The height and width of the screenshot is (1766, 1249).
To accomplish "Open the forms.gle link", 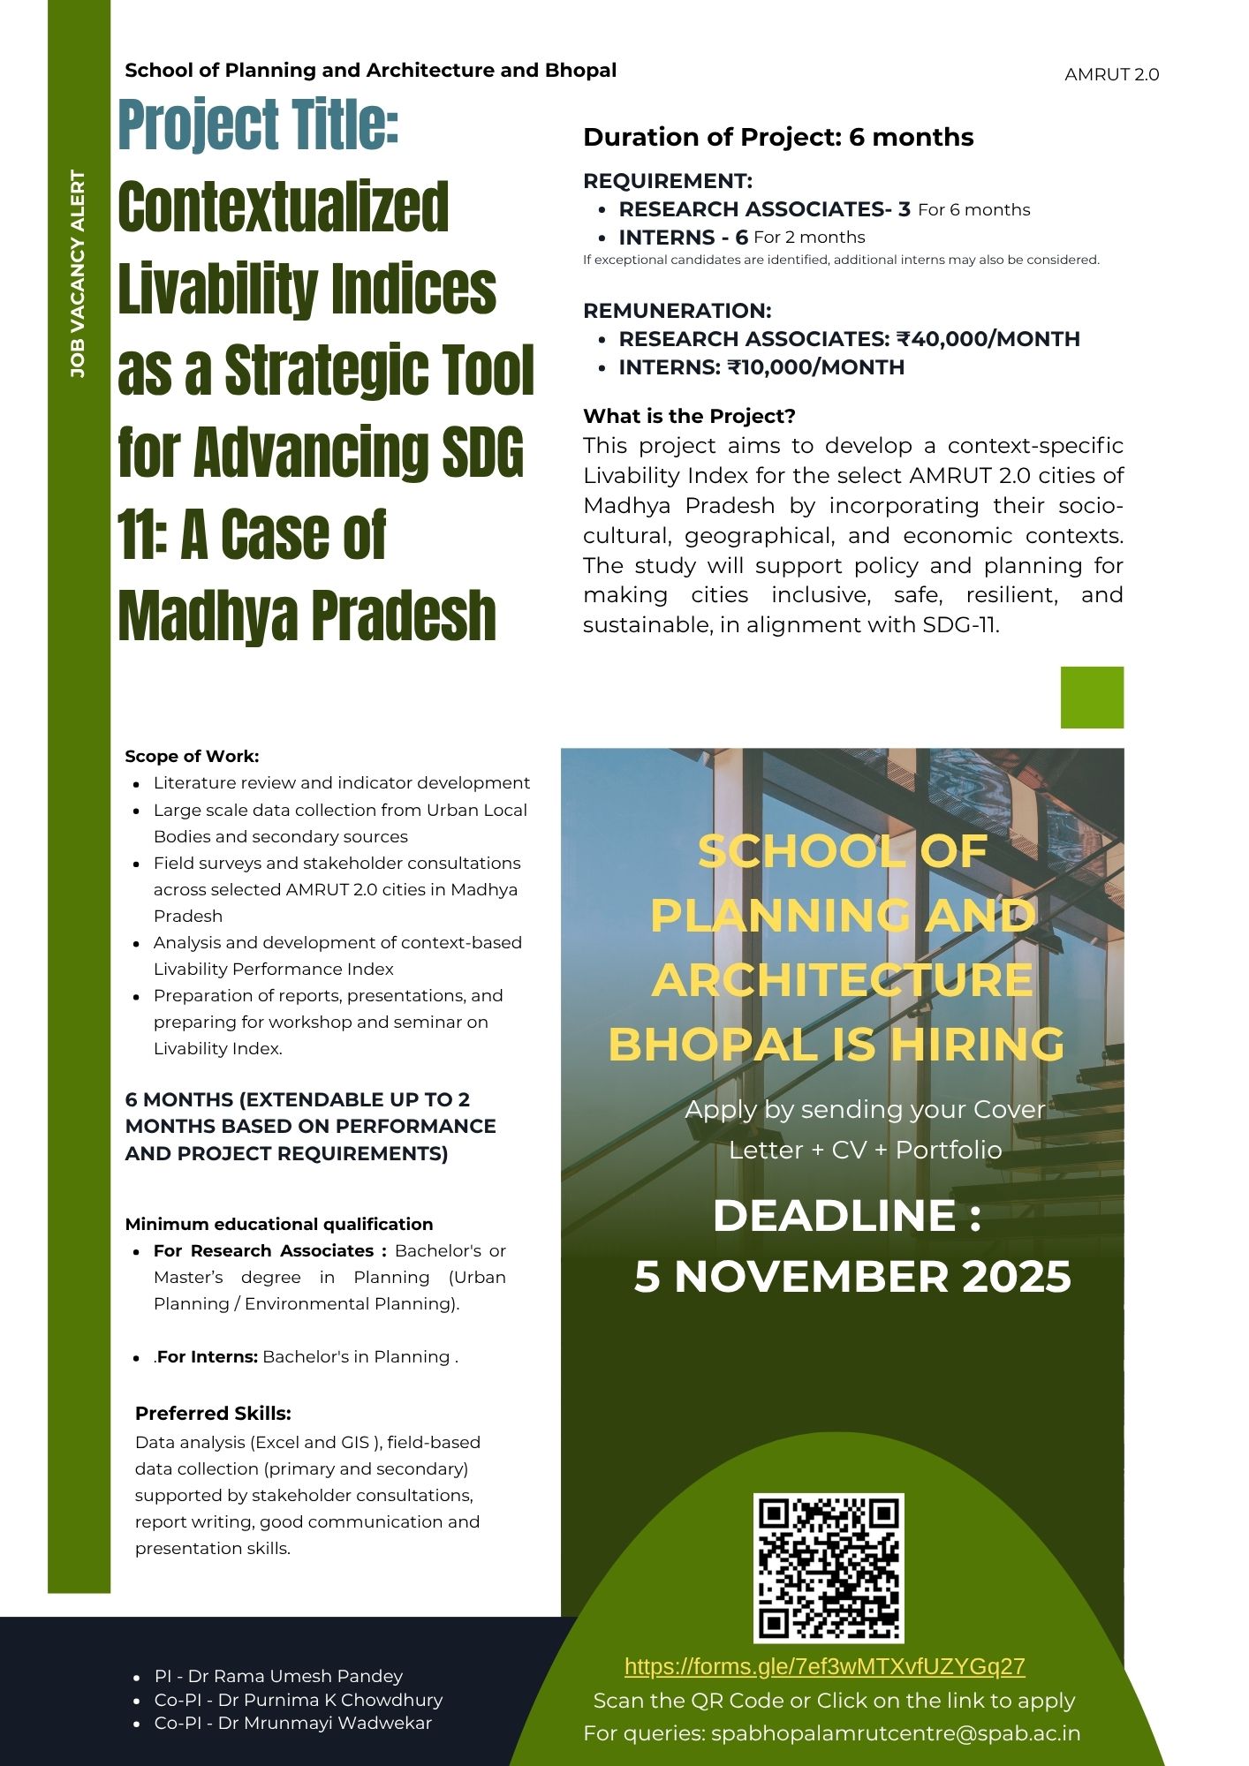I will coord(824,1666).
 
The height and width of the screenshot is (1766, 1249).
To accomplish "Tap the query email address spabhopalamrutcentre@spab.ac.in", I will coord(896,1733).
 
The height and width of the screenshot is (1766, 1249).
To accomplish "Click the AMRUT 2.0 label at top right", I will coord(1111,75).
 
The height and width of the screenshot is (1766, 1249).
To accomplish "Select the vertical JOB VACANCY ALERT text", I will coord(79,274).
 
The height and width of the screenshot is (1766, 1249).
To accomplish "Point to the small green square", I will coord(1092,698).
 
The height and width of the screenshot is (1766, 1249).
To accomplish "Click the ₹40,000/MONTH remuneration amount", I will coord(988,339).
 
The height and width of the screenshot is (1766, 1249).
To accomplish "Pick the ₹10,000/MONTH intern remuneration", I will coord(815,367).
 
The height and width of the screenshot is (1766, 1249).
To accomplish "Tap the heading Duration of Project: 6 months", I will coord(778,138).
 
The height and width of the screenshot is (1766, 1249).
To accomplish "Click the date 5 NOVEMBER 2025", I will coord(852,1277).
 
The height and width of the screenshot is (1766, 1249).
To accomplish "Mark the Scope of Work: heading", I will coord(192,756).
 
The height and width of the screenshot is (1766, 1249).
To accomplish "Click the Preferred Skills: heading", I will coord(213,1413).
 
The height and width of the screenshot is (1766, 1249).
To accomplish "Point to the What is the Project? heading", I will coord(689,417).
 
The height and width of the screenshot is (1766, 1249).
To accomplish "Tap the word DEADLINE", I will coord(834,1216).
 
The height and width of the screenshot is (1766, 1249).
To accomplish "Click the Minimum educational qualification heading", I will coord(279,1224).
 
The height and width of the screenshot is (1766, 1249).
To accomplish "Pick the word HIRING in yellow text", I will coord(976,1044).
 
